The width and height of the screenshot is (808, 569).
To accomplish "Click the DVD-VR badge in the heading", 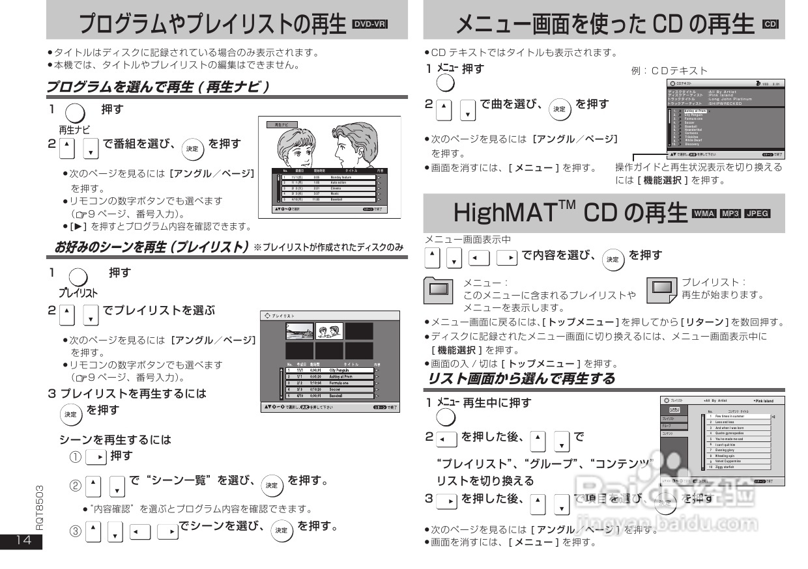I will (x=369, y=25).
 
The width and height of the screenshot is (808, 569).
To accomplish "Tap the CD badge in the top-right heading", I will (x=770, y=25).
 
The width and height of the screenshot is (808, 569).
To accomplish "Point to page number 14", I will (x=20, y=541).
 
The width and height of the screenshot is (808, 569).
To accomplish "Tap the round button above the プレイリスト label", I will (x=78, y=277).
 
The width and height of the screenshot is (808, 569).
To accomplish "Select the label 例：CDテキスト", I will (x=669, y=70).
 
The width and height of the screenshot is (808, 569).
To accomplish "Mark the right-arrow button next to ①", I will (x=96, y=457).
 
